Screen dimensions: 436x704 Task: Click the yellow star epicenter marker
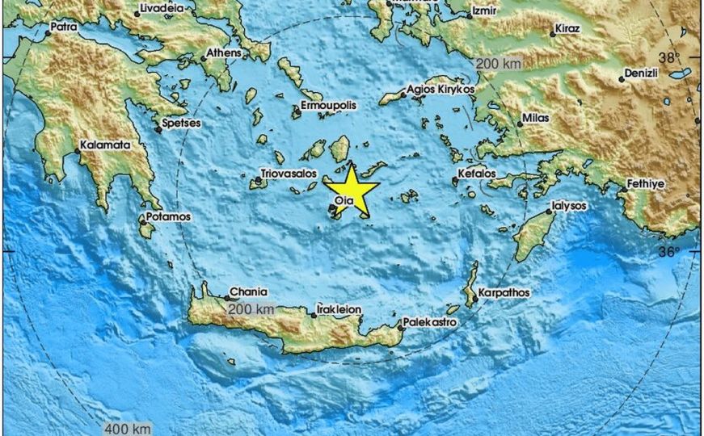[352, 191]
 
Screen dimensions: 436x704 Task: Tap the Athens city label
[224, 54]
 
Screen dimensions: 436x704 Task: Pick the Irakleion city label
[339, 309]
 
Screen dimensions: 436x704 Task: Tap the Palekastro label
[431, 321]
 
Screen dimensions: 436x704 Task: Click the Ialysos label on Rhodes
[570, 206]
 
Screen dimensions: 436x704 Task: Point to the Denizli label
[643, 73]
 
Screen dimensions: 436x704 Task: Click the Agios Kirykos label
[441, 89]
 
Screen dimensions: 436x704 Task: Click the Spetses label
[181, 124]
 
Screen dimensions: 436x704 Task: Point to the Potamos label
[168, 217]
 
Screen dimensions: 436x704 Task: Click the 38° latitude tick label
[668, 58]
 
